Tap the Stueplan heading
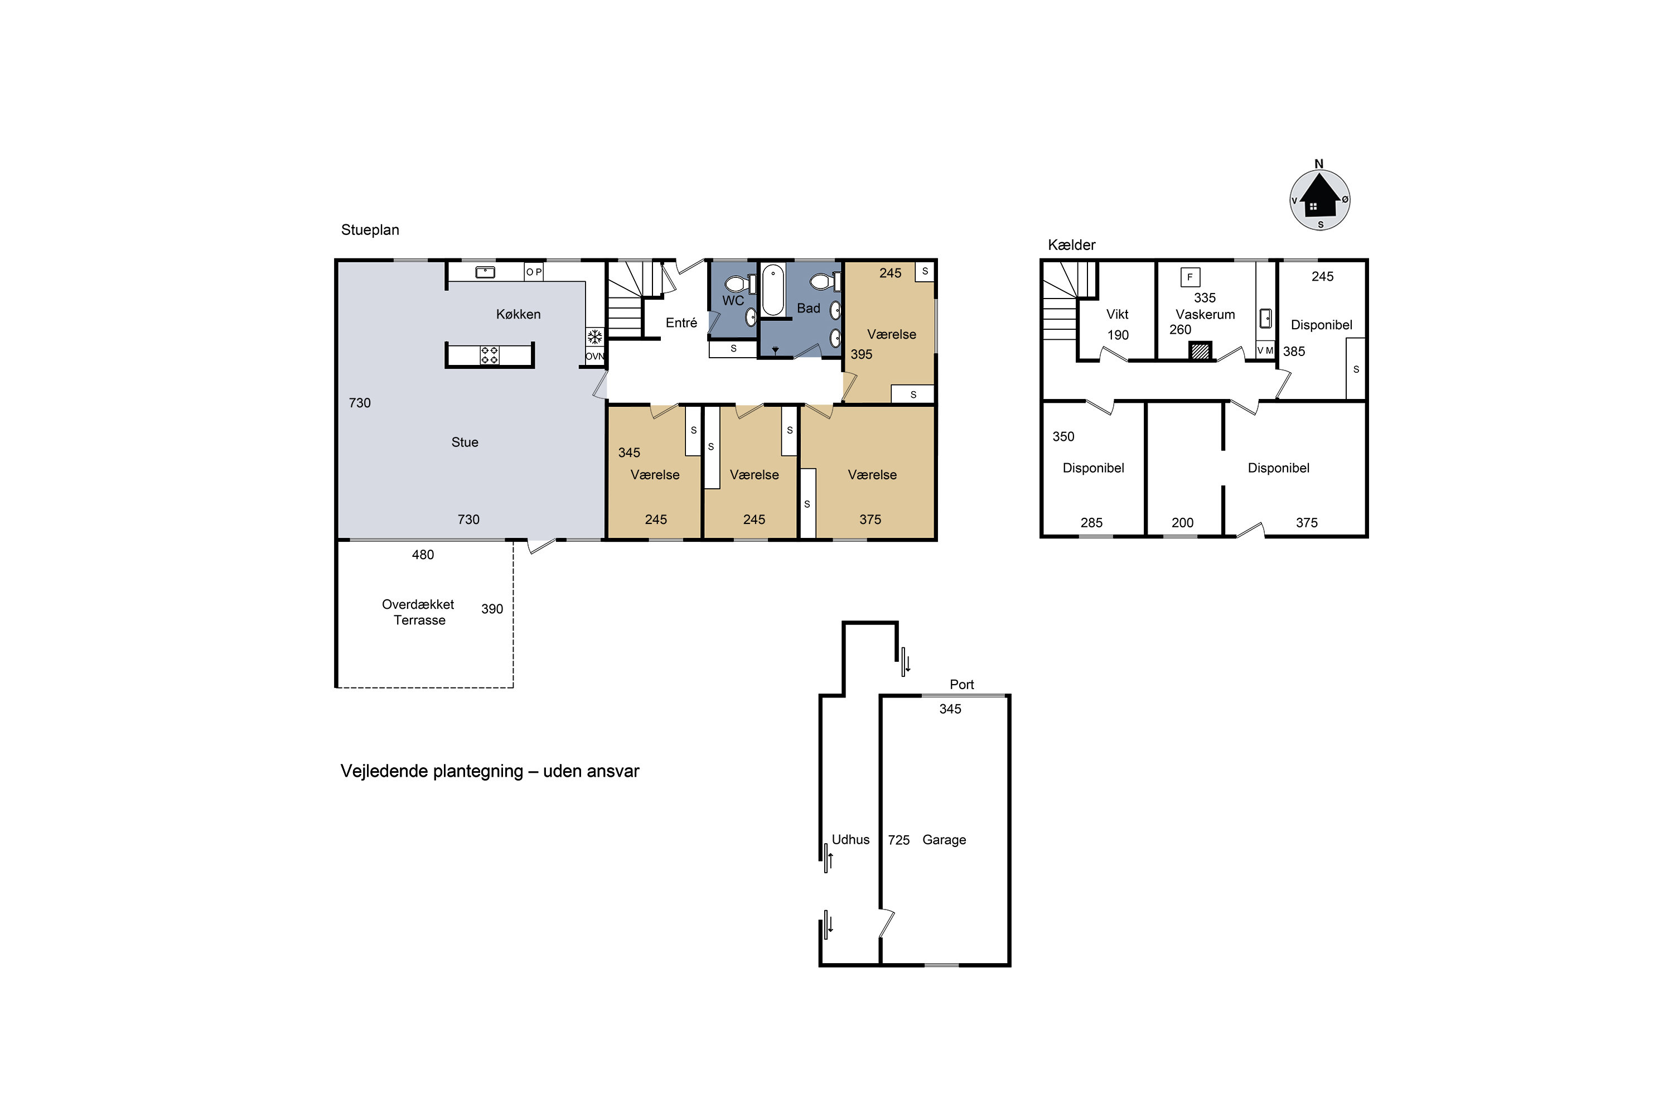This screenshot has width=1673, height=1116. pos(370,230)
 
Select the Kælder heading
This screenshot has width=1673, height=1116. pos(1071,245)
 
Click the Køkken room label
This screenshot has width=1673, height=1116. pos(518,314)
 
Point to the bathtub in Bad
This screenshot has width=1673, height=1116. pos(772,290)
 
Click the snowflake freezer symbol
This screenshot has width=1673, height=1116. pos(594,336)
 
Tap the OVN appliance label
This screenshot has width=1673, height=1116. pos(594,357)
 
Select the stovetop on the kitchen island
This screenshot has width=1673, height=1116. pos(490,355)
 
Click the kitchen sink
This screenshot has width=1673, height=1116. pos(485,272)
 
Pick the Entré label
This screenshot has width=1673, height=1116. pos(681,323)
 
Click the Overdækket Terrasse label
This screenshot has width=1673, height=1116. pos(418,612)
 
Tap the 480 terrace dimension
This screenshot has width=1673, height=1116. pos(423,555)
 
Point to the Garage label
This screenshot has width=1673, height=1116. pos(944,840)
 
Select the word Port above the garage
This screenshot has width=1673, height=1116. pos(961,685)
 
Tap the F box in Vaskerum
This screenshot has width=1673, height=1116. pos(1190,277)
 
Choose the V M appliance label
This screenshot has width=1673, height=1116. pos(1265,350)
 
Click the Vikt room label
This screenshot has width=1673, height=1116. pos(1118,314)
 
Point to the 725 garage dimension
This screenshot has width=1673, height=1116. pos(898,840)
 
